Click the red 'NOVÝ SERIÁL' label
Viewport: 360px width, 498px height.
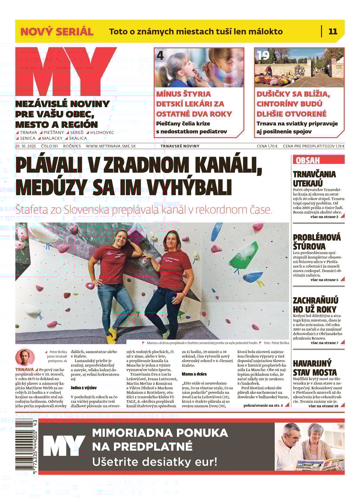click(57, 32)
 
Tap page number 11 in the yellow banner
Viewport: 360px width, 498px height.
click(333, 32)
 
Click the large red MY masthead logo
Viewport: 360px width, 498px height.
click(64, 72)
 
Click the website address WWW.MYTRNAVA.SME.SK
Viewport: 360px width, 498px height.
click(111, 146)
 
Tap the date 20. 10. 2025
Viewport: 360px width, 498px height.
click(25, 146)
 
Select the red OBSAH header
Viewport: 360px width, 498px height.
click(308, 160)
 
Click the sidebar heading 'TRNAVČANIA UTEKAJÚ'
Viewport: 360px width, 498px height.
click(314, 179)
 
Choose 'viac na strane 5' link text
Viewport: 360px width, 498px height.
click(324, 280)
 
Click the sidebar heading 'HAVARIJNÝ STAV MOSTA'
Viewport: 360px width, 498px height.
click(315, 368)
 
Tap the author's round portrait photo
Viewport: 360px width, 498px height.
click(25, 358)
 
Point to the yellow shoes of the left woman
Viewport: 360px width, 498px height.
click(112, 333)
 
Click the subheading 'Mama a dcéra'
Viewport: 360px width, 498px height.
click(194, 374)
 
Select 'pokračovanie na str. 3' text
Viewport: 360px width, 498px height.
click(263, 406)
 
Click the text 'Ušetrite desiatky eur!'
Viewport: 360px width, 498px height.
click(154, 461)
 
